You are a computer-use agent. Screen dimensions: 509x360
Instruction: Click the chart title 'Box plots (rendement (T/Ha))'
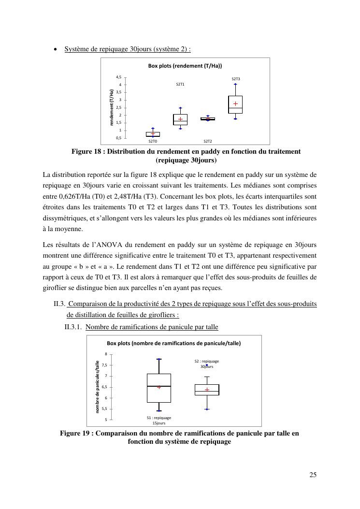click(x=185, y=66)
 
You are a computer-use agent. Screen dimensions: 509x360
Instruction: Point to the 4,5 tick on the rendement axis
click(x=118, y=77)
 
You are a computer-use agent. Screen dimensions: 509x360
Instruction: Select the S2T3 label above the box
click(x=235, y=79)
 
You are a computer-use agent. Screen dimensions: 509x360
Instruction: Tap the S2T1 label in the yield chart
click(x=180, y=85)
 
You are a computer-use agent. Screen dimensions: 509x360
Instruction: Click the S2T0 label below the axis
click(x=153, y=142)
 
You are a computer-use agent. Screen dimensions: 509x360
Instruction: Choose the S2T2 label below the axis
click(x=207, y=142)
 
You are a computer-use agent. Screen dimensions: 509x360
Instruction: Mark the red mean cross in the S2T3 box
click(x=235, y=104)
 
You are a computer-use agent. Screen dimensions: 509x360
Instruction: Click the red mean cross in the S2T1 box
click(x=180, y=119)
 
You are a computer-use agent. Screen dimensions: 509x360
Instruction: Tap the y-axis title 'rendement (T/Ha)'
click(x=111, y=107)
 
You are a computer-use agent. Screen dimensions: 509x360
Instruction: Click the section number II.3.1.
click(x=73, y=327)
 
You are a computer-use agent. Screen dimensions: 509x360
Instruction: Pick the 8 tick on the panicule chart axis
click(x=106, y=354)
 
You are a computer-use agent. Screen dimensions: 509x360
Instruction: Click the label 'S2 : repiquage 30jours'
click(x=207, y=364)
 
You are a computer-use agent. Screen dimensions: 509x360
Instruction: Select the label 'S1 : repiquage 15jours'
click(x=159, y=420)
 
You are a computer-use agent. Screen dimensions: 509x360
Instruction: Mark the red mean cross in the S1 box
click(x=158, y=387)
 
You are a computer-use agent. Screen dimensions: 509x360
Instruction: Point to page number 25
click(x=313, y=475)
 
